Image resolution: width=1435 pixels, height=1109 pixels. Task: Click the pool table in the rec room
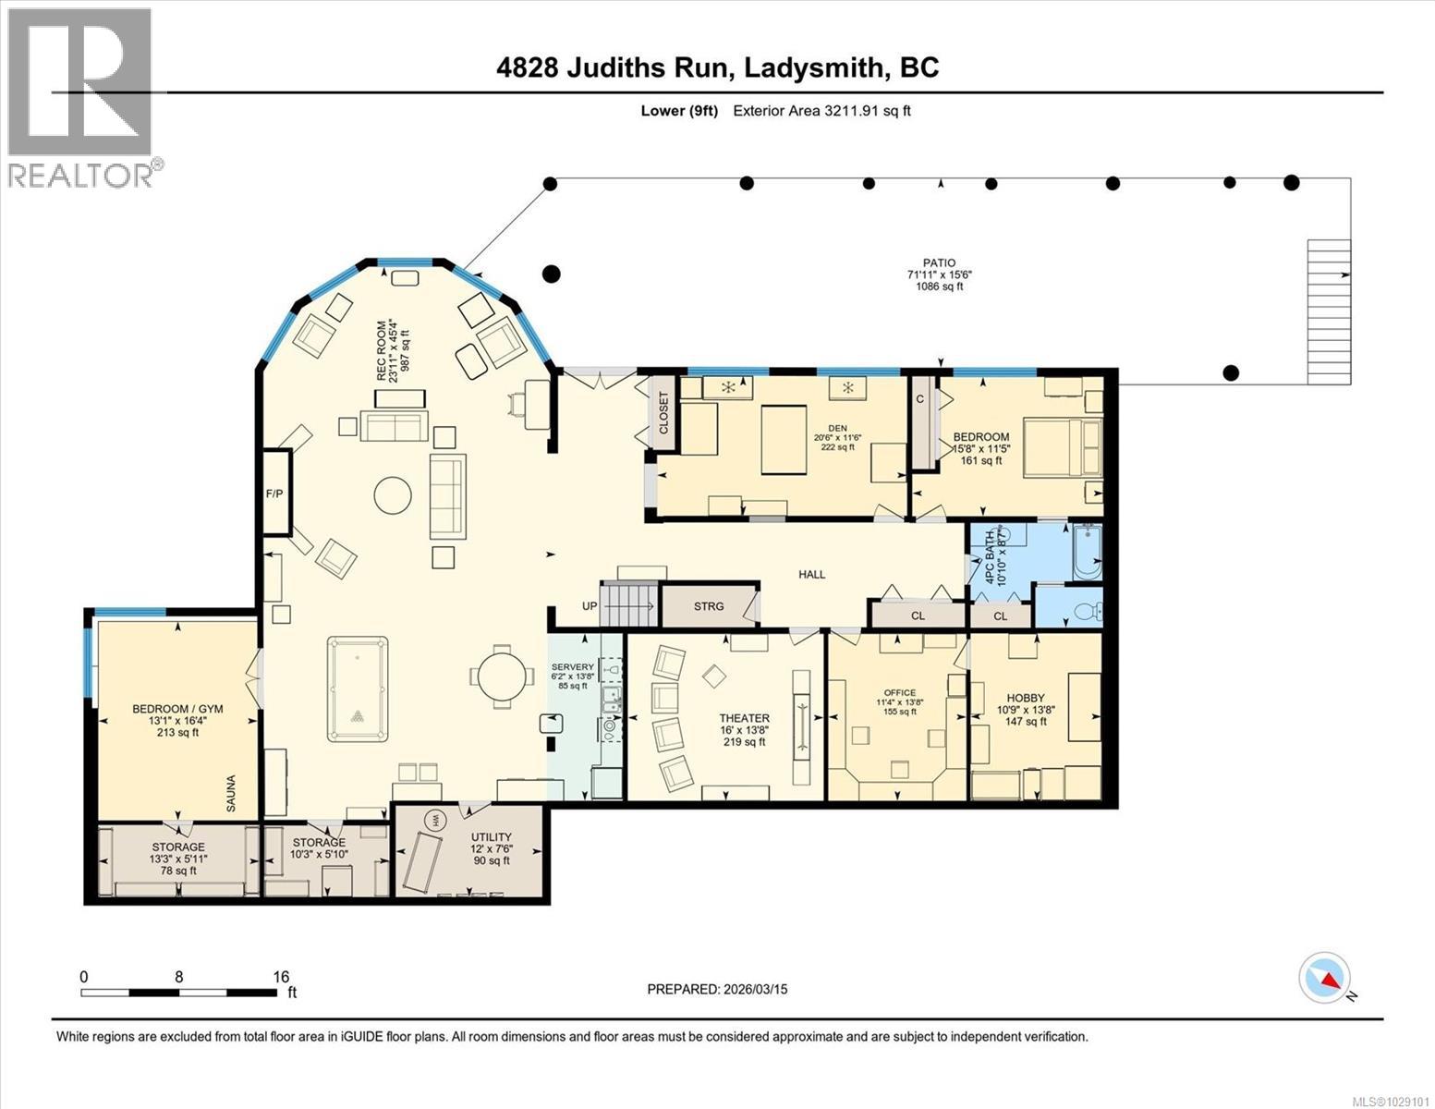click(x=357, y=689)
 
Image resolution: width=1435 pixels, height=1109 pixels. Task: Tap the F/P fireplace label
click(x=274, y=494)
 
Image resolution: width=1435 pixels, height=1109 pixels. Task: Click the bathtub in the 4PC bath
click(x=1086, y=552)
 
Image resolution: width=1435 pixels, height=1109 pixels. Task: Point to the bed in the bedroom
click(x=1063, y=448)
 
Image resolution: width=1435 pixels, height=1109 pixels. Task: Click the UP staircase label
click(x=590, y=606)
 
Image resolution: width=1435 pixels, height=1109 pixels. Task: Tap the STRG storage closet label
click(x=709, y=606)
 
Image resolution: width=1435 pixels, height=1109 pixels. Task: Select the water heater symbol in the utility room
click(x=435, y=819)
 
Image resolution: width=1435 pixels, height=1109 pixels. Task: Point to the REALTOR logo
click(x=80, y=97)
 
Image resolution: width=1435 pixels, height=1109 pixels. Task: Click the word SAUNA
click(x=231, y=794)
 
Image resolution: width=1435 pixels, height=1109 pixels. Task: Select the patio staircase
click(x=1328, y=311)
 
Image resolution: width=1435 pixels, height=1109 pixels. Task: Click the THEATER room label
click(x=745, y=718)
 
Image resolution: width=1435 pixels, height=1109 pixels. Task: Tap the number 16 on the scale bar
click(x=281, y=976)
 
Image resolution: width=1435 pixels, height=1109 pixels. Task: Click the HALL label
click(x=811, y=574)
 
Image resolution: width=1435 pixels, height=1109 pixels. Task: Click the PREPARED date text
click(x=717, y=989)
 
